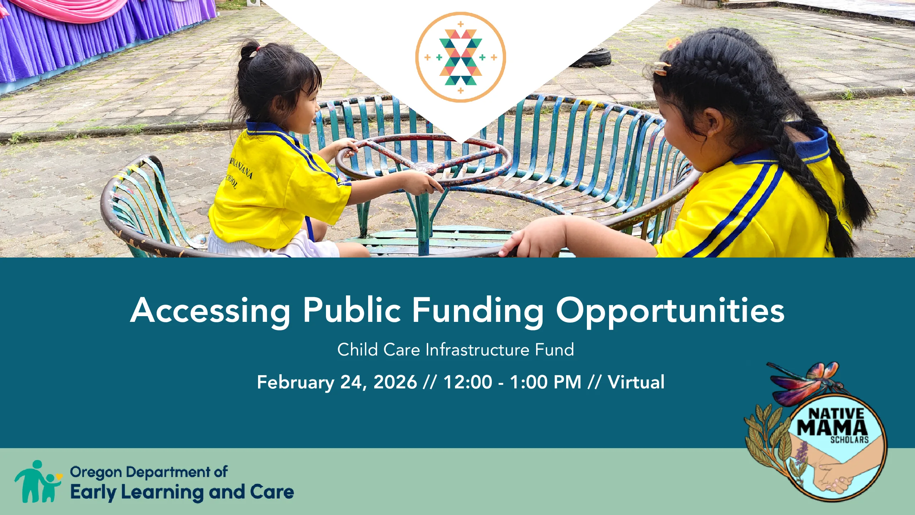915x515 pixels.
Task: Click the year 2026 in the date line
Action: coord(395,382)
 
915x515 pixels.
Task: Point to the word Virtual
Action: coord(636,382)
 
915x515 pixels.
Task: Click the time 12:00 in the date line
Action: coord(468,382)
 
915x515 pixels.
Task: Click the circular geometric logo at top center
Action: coord(460,57)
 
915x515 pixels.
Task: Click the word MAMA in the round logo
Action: coord(832,427)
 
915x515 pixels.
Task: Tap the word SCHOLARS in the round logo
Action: coord(849,440)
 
